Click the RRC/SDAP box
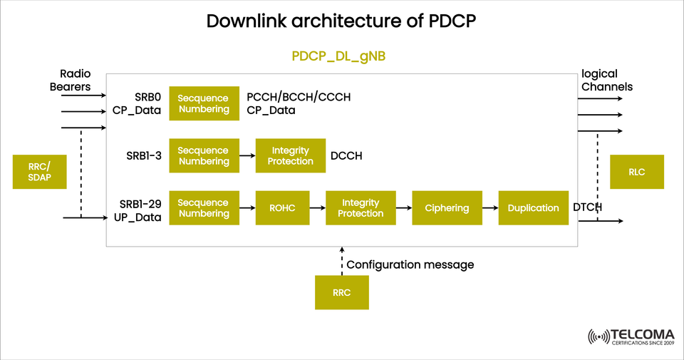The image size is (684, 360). tap(40, 172)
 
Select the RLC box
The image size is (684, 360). tap(637, 172)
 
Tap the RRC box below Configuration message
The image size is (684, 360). tap(342, 293)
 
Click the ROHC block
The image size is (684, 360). tap(282, 208)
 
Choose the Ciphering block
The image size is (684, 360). tap(447, 208)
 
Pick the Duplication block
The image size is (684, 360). tap(533, 208)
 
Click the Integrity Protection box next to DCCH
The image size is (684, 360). tap(290, 156)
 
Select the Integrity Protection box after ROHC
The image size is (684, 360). tap(361, 208)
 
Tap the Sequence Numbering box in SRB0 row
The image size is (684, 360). tap(204, 104)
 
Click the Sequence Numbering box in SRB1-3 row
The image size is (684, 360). tap(204, 156)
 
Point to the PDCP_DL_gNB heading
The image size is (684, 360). tap(338, 56)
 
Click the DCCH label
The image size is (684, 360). tap(346, 156)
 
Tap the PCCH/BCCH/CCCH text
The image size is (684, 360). tap(299, 97)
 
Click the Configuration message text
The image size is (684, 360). tap(410, 264)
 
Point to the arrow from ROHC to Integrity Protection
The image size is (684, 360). tap(318, 208)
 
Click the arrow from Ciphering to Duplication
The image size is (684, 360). tap(490, 208)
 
